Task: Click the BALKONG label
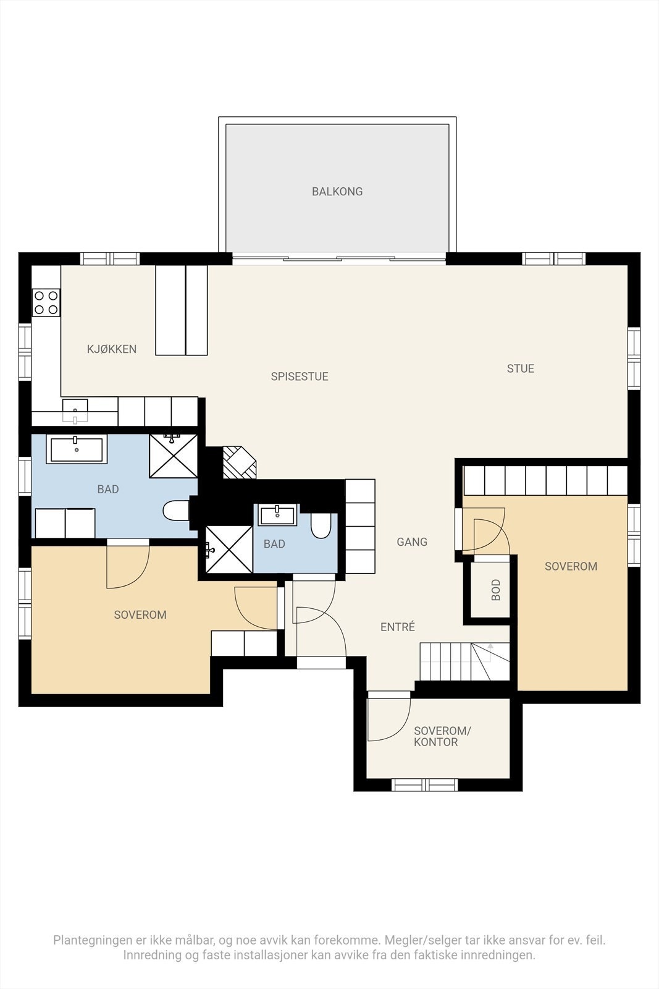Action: coord(337,192)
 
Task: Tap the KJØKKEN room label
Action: coord(112,349)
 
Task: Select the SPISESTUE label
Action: coord(300,376)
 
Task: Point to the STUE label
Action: coord(521,368)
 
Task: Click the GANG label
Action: coord(412,542)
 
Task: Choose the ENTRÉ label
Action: coord(398,627)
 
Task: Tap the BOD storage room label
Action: coord(496,590)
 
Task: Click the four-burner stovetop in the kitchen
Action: coord(46,302)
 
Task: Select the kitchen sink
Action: coord(75,412)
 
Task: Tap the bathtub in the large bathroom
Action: coord(77,449)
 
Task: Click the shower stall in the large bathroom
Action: coord(174,456)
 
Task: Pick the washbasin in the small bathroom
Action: coord(277,516)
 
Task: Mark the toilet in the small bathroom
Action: coord(321,525)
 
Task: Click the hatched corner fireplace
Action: coord(239,462)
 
